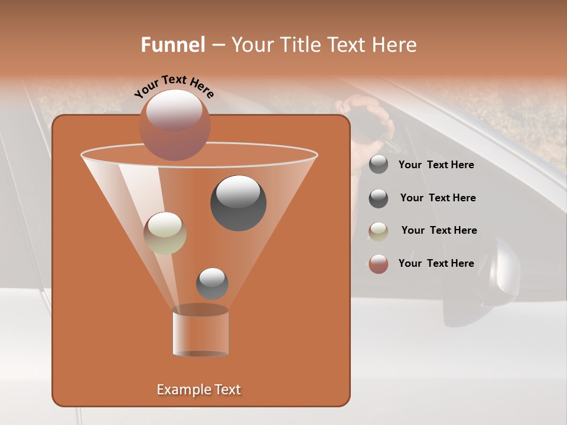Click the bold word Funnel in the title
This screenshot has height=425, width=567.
pos(172,45)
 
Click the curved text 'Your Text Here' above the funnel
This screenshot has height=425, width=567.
pos(174,86)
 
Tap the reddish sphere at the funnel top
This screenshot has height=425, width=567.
pos(174,125)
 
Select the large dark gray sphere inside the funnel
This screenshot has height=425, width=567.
pos(238,202)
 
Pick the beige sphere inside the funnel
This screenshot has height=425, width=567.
pos(165,233)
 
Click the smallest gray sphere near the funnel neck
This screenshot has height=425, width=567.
pos(212,283)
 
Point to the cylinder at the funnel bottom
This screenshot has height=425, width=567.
pos(200,332)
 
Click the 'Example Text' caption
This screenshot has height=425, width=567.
pos(198,390)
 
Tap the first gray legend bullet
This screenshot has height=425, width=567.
pos(379,165)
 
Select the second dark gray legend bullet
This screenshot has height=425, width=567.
pos(379,198)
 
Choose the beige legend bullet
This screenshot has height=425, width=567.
pos(379,231)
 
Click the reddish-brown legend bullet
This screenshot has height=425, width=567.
pos(379,264)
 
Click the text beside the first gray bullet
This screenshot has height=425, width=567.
pos(436,165)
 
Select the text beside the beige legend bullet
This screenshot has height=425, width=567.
pos(439,230)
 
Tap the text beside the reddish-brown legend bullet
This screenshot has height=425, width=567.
pos(436,263)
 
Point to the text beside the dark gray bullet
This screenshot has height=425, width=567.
pos(438,198)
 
